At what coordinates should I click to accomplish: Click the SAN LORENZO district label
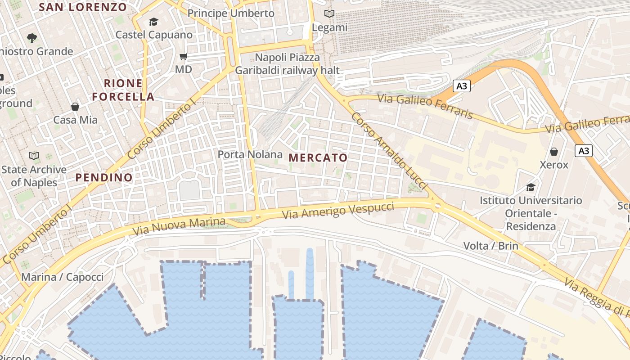83,7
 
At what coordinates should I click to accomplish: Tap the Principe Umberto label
231,13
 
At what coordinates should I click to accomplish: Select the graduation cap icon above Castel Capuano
154,22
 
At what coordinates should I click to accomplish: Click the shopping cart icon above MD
183,57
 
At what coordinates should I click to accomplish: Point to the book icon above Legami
329,14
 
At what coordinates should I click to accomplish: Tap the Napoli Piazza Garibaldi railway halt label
288,64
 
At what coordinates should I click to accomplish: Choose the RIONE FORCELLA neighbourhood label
123,90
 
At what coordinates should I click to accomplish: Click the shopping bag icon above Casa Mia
75,107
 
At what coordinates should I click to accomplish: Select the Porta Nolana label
250,154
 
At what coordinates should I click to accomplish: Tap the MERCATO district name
318,157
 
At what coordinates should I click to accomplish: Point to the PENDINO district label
104,177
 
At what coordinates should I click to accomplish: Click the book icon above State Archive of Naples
34,156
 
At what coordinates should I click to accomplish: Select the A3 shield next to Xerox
583,151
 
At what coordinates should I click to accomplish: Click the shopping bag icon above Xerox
554,152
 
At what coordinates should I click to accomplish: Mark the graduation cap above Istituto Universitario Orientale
531,187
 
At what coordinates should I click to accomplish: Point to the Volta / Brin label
491,246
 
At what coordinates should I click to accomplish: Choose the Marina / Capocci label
62,277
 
